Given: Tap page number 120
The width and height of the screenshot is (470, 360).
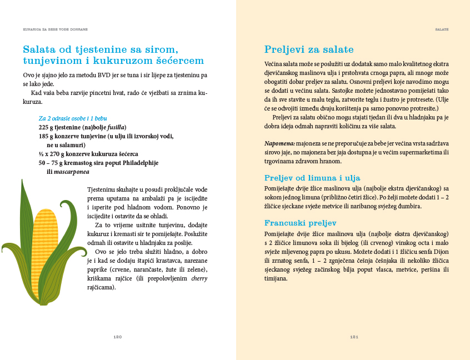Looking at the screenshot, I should pos(117,336).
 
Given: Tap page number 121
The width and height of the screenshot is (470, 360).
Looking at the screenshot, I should pos(353,336).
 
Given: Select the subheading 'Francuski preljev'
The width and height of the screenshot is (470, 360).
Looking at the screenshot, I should pos(299,223).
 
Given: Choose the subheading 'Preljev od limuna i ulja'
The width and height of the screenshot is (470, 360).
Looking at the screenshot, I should pos(312,178).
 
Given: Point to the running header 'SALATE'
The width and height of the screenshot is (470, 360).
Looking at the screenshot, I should pos(442,28).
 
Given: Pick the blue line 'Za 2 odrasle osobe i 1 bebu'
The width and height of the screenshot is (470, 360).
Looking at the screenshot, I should pos(73,118).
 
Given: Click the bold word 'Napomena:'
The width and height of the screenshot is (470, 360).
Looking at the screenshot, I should pos(279,143).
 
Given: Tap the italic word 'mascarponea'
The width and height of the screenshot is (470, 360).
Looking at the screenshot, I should pos(72,172).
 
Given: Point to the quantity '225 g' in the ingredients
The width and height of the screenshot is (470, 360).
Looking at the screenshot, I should pos(46,127).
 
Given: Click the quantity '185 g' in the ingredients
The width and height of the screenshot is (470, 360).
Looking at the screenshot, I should pos(46,136).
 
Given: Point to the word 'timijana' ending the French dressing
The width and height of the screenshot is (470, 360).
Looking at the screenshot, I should pos(276,279).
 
